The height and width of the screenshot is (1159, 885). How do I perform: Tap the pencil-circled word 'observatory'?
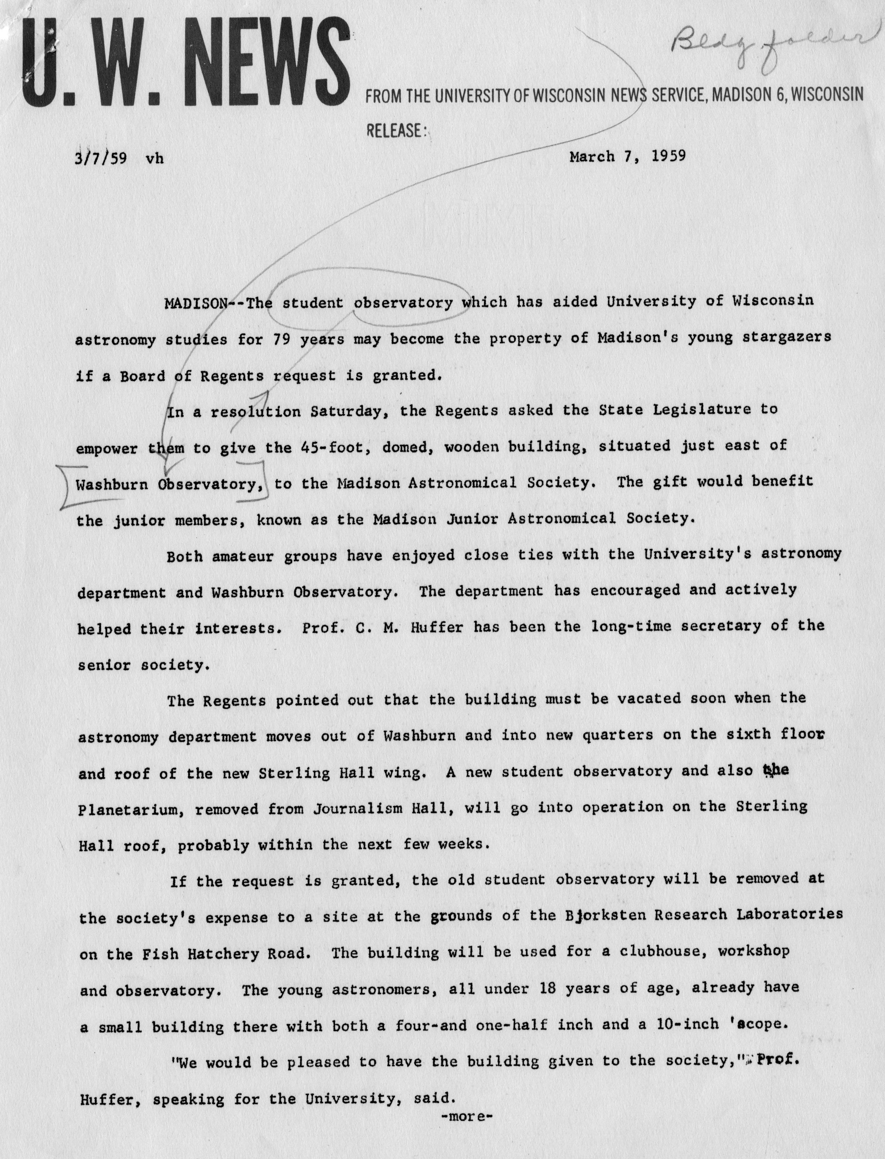coord(403,303)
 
